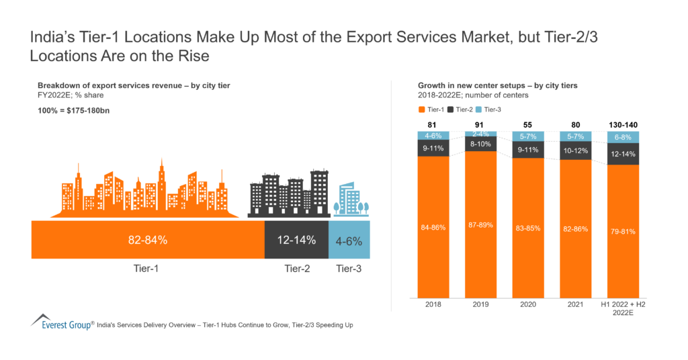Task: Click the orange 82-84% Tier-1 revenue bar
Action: (x=148, y=239)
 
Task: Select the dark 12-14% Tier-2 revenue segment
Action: (x=296, y=239)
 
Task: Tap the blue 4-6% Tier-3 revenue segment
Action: (x=349, y=239)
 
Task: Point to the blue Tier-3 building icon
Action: (x=349, y=199)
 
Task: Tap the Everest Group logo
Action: (x=61, y=323)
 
